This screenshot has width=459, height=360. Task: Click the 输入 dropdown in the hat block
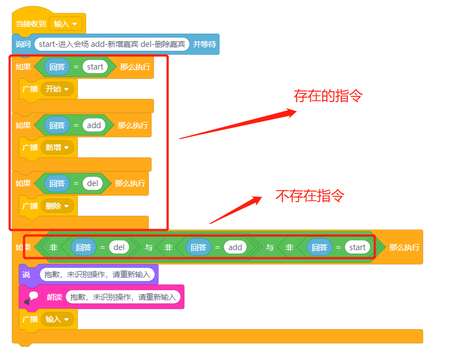pyautogui.click(x=66, y=24)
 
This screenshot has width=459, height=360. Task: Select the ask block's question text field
pyautogui.click(x=112, y=44)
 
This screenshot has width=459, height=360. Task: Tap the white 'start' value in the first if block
pyautogui.click(x=95, y=67)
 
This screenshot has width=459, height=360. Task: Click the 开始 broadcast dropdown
pyautogui.click(x=57, y=89)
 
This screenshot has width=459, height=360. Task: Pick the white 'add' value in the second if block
pyautogui.click(x=94, y=125)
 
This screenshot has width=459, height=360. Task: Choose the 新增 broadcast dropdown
pyautogui.click(x=57, y=147)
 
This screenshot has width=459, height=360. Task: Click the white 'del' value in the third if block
pyautogui.click(x=92, y=183)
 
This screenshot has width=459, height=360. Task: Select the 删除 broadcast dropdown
pyautogui.click(x=57, y=206)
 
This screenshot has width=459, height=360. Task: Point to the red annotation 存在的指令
pyautogui.click(x=328, y=96)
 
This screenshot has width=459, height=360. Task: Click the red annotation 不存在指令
pyautogui.click(x=310, y=195)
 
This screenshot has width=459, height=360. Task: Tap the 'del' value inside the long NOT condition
pyautogui.click(x=119, y=247)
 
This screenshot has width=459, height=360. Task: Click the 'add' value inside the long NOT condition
pyautogui.click(x=235, y=247)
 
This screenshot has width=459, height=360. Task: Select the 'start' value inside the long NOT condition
pyautogui.click(x=357, y=247)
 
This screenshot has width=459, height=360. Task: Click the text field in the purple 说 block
pyautogui.click(x=97, y=274)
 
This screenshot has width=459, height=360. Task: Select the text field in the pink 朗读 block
pyautogui.click(x=123, y=297)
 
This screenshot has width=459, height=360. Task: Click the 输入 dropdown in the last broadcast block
pyautogui.click(x=57, y=319)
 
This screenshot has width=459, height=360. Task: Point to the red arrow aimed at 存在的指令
pyautogui.click(x=238, y=124)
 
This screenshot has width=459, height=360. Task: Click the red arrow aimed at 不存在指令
pyautogui.click(x=236, y=210)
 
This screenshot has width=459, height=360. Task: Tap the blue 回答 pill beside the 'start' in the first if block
pyautogui.click(x=57, y=67)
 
